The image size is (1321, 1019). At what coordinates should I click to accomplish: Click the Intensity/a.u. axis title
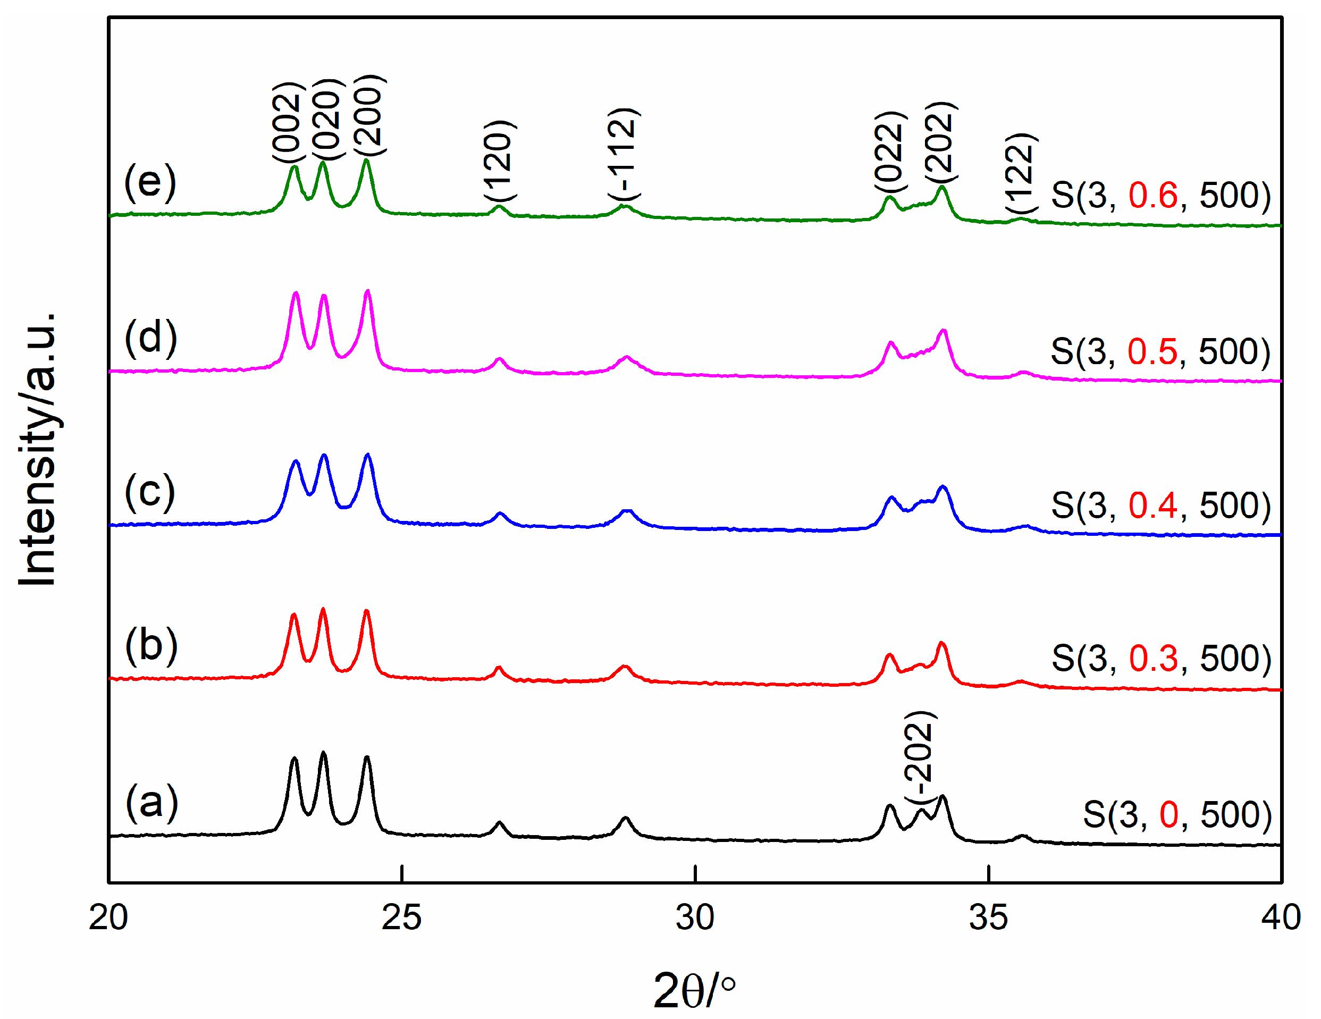tap(38, 449)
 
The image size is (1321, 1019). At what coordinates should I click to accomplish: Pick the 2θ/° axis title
tap(694, 990)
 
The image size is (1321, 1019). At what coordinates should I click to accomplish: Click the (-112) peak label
tap(623, 154)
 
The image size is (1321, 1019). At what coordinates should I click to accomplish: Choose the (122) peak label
tap(1021, 172)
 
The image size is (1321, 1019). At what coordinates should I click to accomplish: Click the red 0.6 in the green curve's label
tap(1153, 195)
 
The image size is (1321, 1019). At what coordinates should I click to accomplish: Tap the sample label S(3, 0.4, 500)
tap(1160, 505)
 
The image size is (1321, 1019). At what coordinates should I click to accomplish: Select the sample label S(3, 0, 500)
tap(1177, 814)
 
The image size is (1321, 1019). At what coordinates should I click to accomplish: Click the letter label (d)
tap(150, 338)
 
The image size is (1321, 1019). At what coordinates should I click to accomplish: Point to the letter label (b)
tap(151, 645)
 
